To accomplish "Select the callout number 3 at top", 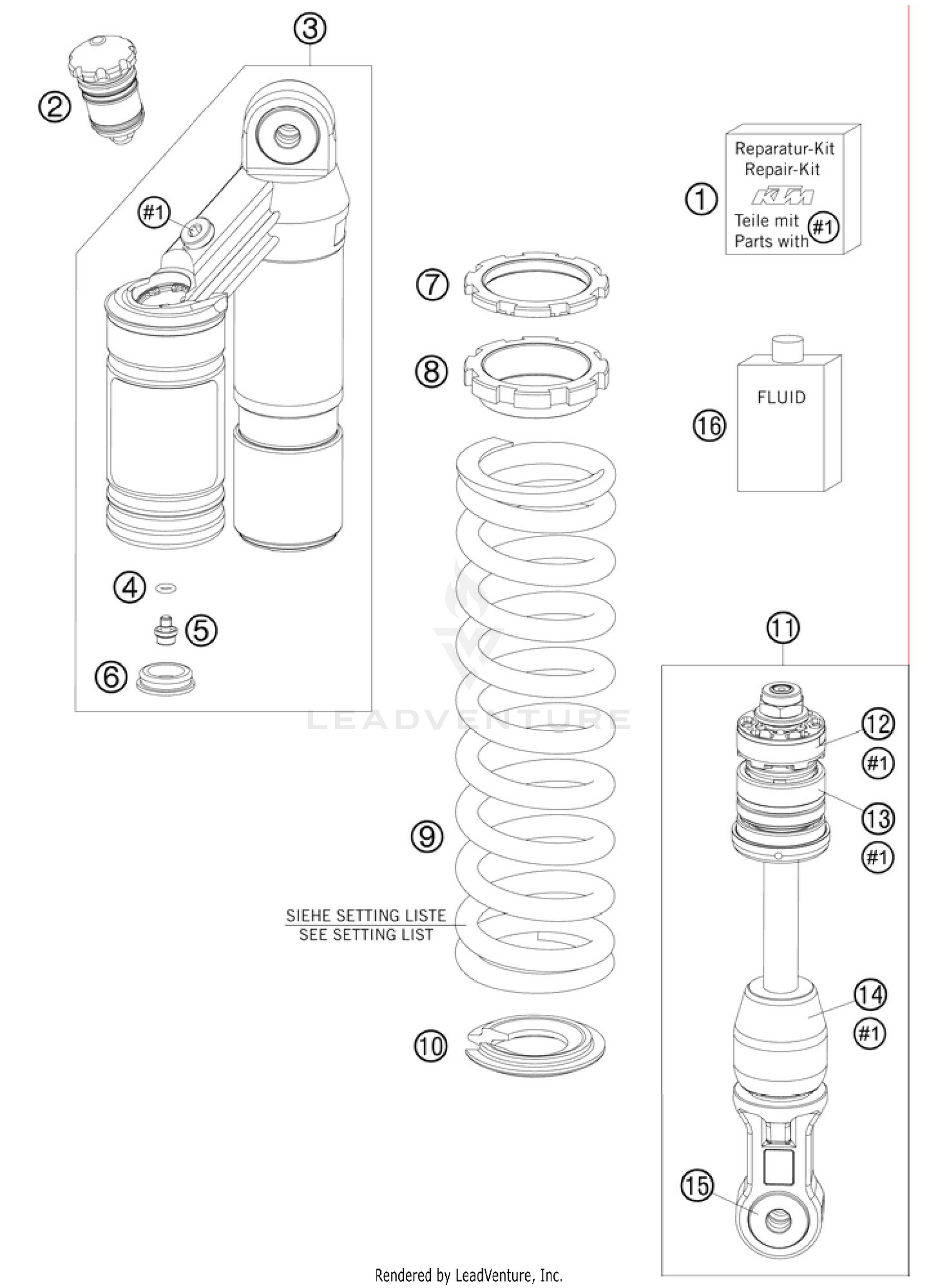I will pos(310,29).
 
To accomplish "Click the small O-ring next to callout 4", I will pos(166,588).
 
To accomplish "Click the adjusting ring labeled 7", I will pos(536,285).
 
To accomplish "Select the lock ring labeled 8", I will pos(536,375).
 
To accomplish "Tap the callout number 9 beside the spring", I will pos(428,836).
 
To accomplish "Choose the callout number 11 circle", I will pos(783,628).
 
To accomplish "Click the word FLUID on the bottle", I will pos(781,397).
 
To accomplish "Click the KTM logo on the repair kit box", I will pos(782,196).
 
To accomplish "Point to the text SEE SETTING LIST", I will pos(366,935).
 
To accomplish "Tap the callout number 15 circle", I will pos(697,1186).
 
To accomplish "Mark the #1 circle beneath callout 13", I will pos(877,858).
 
